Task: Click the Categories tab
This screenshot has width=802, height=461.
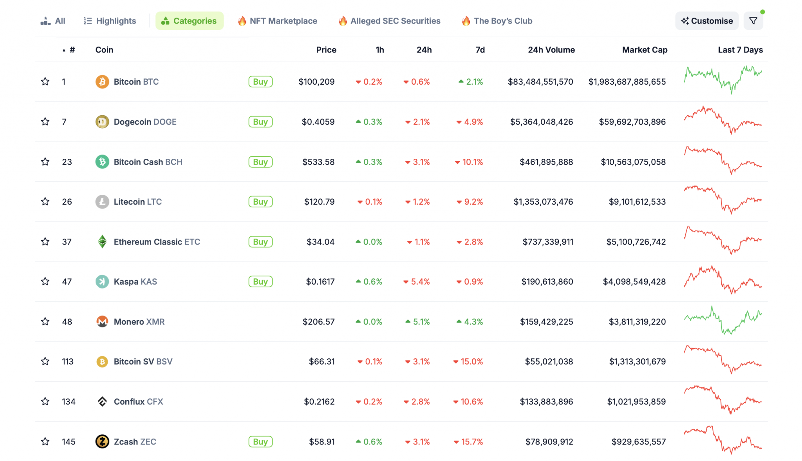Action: [x=190, y=21]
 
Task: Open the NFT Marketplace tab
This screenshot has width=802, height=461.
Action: [x=278, y=21]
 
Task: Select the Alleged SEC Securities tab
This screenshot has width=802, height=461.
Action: [x=390, y=21]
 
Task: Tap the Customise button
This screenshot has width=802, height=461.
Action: [x=707, y=21]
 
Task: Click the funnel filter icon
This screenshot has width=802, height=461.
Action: [x=753, y=21]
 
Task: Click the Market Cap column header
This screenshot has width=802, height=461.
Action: [x=645, y=50]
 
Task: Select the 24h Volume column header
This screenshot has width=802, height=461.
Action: [x=551, y=50]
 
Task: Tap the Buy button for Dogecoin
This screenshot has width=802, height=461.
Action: [x=260, y=122]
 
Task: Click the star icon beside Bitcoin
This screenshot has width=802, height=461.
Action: [x=45, y=82]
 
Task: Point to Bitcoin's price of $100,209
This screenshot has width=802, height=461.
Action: [x=316, y=82]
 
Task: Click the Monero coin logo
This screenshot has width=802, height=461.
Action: [x=102, y=321]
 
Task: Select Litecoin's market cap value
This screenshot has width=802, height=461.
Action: [x=637, y=201]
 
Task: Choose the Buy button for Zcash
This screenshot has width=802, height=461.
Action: [x=260, y=442]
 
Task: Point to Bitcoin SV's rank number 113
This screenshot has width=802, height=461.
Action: [x=68, y=361]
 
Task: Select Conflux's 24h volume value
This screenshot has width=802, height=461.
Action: [x=546, y=401]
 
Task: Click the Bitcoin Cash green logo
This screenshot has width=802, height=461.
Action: [x=102, y=162]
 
